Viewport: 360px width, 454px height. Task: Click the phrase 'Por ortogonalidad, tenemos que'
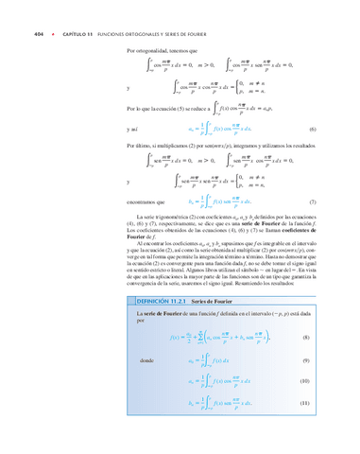point(156,49)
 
